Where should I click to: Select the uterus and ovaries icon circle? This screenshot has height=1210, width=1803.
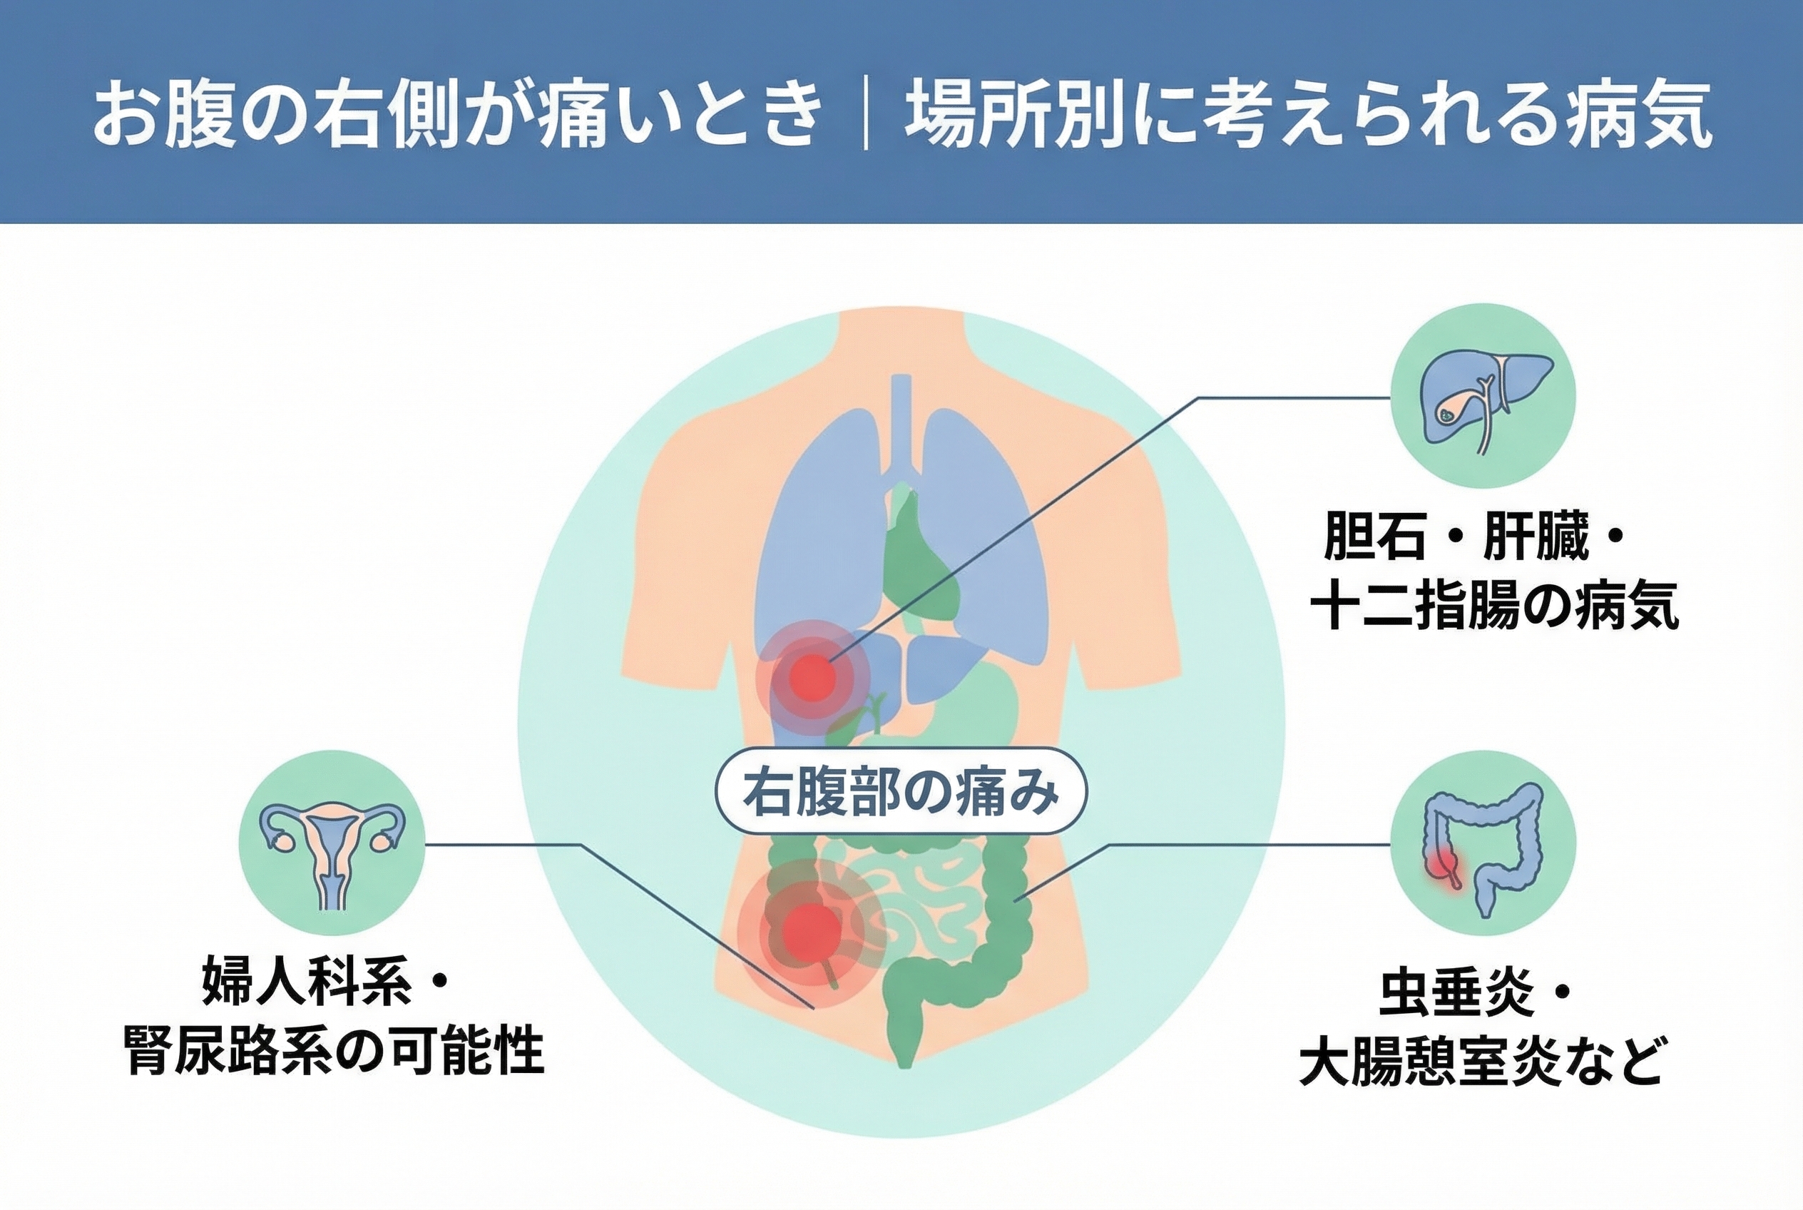332,843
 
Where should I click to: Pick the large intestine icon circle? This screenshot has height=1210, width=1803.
1482,843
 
